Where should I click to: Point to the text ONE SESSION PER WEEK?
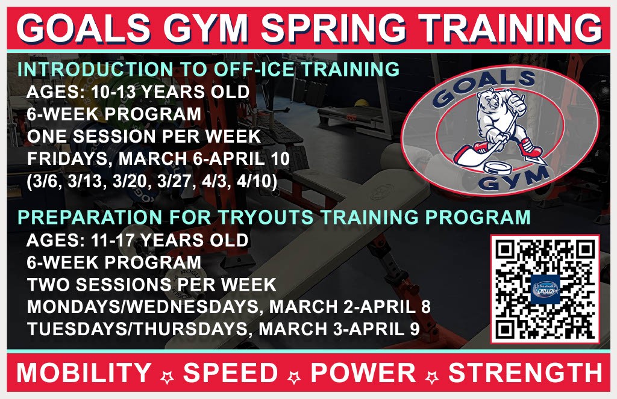[144, 137]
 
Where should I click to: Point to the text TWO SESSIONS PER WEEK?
[151, 285]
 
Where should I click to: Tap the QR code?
[545, 289]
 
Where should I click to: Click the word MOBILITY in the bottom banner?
[84, 373]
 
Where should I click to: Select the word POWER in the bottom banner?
[363, 373]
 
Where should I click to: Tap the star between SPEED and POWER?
[294, 377]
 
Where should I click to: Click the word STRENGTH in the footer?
[525, 373]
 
